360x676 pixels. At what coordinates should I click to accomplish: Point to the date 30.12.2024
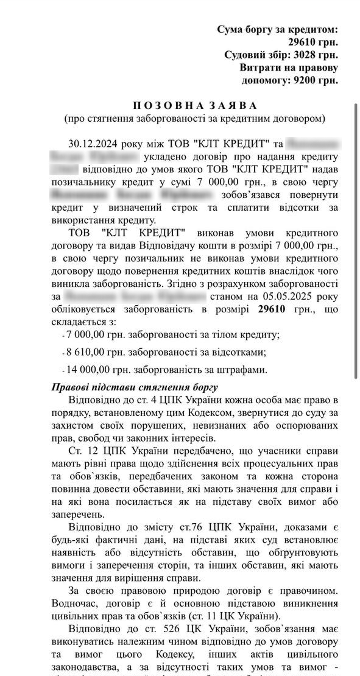[93, 144]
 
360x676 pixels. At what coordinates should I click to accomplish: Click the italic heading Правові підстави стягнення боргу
[135, 387]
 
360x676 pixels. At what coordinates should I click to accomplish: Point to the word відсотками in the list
[238, 352]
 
